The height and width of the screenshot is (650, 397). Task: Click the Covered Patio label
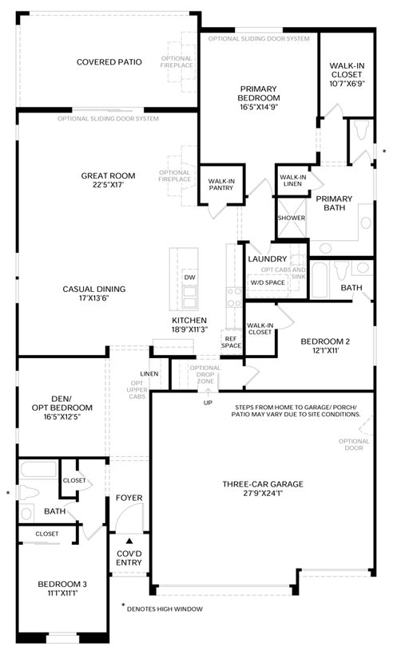tap(109, 62)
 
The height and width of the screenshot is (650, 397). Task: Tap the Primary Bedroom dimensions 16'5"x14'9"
tap(258, 107)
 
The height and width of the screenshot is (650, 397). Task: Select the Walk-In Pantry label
tap(221, 184)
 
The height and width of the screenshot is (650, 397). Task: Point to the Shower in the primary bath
tap(292, 218)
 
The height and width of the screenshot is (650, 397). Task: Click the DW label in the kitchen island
tap(190, 278)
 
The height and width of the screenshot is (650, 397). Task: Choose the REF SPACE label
tap(231, 342)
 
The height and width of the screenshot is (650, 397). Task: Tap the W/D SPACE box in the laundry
tap(268, 282)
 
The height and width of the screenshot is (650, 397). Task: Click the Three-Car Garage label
tap(263, 484)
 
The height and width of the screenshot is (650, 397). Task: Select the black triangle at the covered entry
tap(129, 541)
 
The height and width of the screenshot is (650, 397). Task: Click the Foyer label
tap(129, 498)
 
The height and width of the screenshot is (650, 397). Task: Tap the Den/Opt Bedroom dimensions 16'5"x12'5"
tap(62, 416)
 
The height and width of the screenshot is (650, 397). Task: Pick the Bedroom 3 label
tap(62, 584)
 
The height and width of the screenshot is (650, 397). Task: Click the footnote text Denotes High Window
tap(165, 609)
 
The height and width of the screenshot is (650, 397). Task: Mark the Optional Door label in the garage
tap(354, 444)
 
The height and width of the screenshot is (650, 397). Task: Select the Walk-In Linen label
tap(293, 180)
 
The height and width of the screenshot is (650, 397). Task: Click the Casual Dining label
tap(93, 289)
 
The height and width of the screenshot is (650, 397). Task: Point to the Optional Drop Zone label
tap(205, 374)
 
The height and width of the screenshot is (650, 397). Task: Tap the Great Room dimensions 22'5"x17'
tap(108, 185)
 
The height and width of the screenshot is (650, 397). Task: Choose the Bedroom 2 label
tap(325, 341)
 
